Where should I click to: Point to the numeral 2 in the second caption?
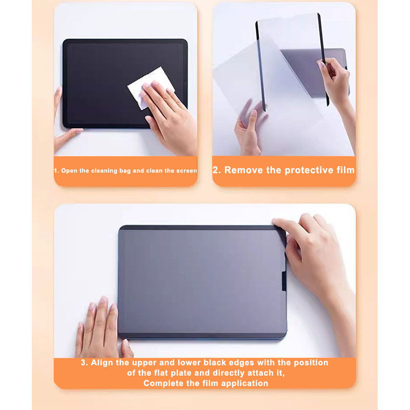[215, 170]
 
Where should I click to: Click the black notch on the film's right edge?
[284, 281]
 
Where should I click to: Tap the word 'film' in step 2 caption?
[345, 170]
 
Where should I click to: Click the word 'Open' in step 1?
[69, 171]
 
